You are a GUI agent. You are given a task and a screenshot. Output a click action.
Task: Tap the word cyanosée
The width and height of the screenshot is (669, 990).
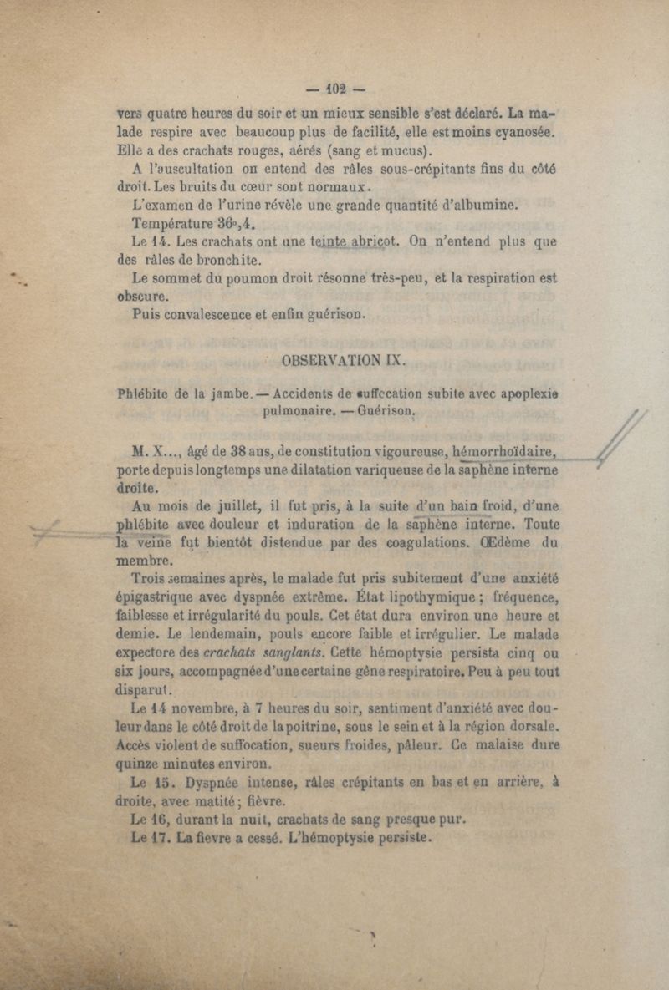[x=519, y=130]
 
